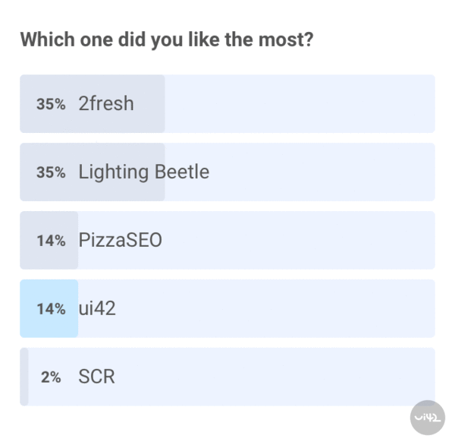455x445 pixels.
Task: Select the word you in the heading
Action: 166,40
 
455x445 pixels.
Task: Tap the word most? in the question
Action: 284,39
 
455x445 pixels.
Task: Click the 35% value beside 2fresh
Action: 51,104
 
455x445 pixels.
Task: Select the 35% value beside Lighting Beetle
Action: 51,172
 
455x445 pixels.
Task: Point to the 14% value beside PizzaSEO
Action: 51,241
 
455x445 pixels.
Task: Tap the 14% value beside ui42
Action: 51,309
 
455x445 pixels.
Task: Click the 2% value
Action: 51,377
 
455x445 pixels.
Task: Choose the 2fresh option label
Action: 106,103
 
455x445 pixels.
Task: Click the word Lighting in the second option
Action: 114,172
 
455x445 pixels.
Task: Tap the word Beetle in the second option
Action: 182,172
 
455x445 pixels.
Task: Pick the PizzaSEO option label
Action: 120,240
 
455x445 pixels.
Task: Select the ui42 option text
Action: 97,308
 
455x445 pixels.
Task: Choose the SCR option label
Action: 96,377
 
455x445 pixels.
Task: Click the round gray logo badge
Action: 428,417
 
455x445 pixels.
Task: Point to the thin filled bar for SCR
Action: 24,377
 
